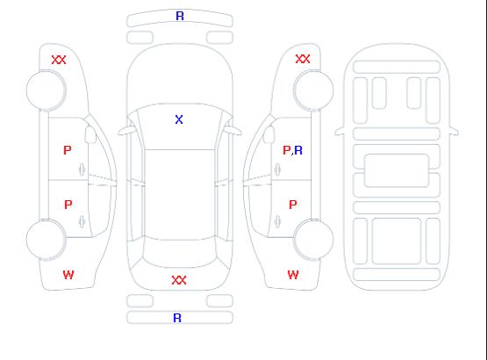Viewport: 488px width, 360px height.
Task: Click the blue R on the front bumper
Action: pos(180,16)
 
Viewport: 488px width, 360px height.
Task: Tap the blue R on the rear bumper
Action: pos(177,318)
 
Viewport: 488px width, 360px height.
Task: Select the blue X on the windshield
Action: pos(179,119)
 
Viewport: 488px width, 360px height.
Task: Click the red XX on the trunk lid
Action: pos(179,280)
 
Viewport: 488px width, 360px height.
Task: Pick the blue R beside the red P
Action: pos(298,150)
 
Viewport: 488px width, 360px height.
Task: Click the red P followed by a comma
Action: pos(287,150)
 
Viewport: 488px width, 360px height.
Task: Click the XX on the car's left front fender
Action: pos(59,60)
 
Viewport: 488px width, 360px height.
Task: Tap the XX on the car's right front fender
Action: pos(303,59)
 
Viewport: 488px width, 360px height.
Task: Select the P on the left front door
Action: pos(68,150)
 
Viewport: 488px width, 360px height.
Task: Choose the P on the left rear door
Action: pos(68,205)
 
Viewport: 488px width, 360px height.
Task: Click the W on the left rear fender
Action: pos(68,275)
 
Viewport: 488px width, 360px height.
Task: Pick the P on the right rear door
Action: pos(293,205)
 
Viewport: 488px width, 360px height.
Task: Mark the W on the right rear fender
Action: pos(293,275)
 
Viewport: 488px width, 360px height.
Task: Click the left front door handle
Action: pos(82,169)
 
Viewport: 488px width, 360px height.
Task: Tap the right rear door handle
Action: pos(277,221)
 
